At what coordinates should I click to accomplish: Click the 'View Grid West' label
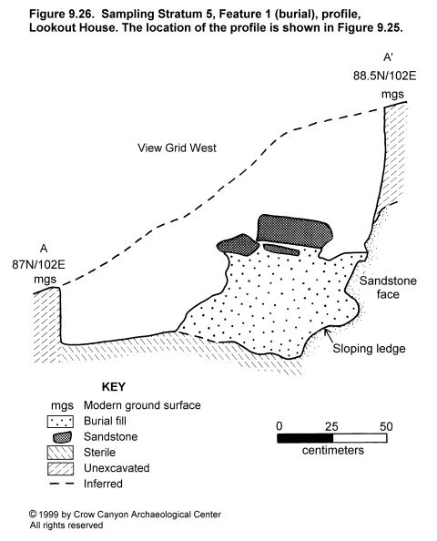point(177,148)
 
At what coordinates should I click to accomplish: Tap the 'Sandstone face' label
point(388,288)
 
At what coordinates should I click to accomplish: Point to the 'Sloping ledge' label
point(369,349)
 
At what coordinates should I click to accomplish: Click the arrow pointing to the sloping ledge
point(330,335)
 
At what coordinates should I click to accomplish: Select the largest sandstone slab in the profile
point(294,231)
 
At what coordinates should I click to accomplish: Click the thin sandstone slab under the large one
point(281,250)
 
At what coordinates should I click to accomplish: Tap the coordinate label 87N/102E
point(38,265)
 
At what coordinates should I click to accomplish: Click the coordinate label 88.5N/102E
point(384,76)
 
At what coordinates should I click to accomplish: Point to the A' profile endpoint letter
point(388,57)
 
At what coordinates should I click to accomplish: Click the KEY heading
point(114,387)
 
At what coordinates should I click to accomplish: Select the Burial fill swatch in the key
point(60,422)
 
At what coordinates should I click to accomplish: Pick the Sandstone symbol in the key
point(63,437)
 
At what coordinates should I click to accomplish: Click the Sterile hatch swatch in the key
point(60,453)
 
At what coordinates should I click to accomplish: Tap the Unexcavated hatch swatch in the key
point(60,468)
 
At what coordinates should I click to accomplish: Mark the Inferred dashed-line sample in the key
point(61,484)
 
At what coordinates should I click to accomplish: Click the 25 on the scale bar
point(331,427)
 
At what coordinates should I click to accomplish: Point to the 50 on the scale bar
point(386,427)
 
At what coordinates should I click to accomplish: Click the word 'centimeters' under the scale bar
point(333,450)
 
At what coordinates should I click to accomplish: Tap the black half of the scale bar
point(305,438)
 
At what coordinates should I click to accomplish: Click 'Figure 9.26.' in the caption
point(62,15)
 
